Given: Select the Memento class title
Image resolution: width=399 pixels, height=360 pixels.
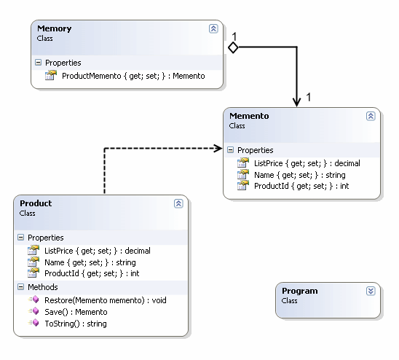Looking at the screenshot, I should pyautogui.click(x=250, y=115).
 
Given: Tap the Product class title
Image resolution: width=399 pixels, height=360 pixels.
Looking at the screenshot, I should pyautogui.click(x=36, y=203).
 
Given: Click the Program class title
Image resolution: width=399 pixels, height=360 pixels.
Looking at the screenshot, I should pyautogui.click(x=301, y=290).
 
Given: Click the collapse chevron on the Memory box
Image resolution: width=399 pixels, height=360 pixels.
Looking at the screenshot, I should pyautogui.click(x=213, y=29).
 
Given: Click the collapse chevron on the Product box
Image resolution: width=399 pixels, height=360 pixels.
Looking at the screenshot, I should pyautogui.click(x=178, y=204).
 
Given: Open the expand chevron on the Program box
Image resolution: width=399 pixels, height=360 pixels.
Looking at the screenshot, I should pyautogui.click(x=371, y=291).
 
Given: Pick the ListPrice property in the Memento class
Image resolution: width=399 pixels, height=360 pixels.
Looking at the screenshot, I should pyautogui.click(x=307, y=163).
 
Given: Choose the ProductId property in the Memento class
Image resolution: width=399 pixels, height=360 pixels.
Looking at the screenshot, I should pyautogui.click(x=301, y=187).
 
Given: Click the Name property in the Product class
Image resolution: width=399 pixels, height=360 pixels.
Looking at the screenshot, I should pyautogui.click(x=90, y=262).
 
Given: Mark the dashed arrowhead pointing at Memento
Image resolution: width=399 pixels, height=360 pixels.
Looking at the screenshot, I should pyautogui.click(x=217, y=149).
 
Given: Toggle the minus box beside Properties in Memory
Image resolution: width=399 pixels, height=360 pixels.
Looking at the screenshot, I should pyautogui.click(x=38, y=63).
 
